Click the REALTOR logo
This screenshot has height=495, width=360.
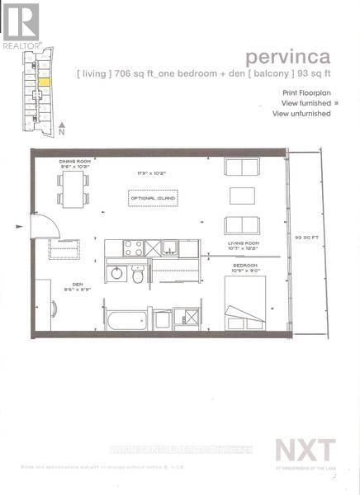coord(19,26)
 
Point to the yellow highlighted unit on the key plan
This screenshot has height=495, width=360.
coord(43,82)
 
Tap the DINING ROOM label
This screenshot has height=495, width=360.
coord(73,162)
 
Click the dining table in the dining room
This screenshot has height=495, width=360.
coord(73,189)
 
